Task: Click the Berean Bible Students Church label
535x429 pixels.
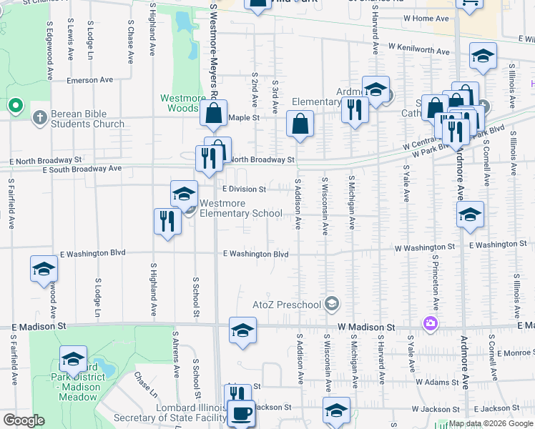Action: click(x=79, y=119)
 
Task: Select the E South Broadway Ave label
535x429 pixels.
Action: click(x=82, y=169)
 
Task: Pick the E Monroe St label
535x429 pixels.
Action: click(x=514, y=352)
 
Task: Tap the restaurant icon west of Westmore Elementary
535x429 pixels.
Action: click(x=165, y=220)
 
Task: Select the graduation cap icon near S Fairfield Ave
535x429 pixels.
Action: click(x=44, y=270)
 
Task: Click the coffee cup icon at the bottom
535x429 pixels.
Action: click(x=241, y=413)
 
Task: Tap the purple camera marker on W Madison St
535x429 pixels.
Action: click(x=429, y=324)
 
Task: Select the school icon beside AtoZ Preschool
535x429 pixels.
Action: click(x=331, y=305)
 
